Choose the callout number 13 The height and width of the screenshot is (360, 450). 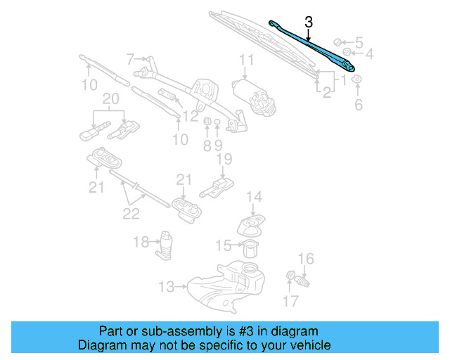coord(166,287)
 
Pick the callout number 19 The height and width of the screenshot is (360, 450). coord(223,160)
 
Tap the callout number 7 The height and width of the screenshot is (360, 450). coord(130,58)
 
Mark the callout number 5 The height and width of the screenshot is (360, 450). coord(359,41)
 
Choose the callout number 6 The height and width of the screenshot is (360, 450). coord(358,105)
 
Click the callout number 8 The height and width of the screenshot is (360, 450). coord(207,146)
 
